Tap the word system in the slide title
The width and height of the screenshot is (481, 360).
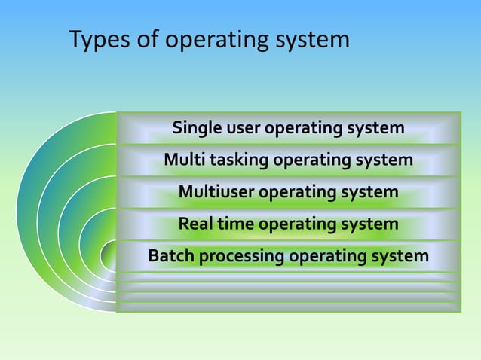pos(312,41)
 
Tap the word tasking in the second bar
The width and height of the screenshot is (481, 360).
pos(236,161)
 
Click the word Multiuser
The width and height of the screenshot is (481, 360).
pos(216,193)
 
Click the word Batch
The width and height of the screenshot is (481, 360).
pos(171,257)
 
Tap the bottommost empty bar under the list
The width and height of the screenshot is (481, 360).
pos(288,307)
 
